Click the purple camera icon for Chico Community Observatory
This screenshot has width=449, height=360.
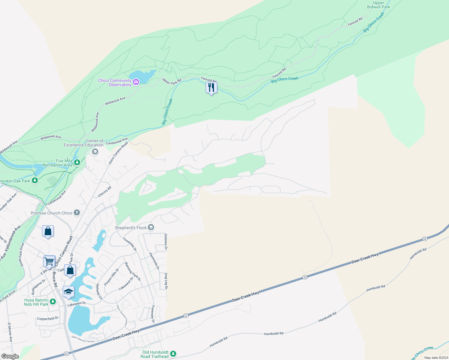coord(136,82)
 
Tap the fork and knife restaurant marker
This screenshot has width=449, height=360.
coord(211,88)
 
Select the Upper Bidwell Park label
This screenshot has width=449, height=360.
coord(378,5)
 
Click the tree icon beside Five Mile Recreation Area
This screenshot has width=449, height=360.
coord(77,163)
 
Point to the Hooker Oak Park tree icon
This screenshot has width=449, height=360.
coord(35,181)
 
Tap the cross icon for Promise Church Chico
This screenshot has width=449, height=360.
coord(77,213)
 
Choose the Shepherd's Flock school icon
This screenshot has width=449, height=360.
coord(151,228)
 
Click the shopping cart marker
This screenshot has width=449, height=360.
coord(49,261)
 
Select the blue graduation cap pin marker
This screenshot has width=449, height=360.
coord(68,292)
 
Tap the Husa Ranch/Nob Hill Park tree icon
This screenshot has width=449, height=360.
coord(53,301)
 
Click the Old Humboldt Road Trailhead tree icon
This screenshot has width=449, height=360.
coord(173,354)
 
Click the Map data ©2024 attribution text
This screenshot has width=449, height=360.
coord(436,358)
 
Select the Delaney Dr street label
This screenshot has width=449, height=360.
coord(166,242)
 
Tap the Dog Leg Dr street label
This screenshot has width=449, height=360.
coord(166,281)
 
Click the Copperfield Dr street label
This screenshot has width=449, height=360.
coord(48,319)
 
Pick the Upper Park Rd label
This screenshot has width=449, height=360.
coord(172,81)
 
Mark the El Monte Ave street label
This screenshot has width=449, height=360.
coord(10,332)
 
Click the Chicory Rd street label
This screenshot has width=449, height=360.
coord(105,192)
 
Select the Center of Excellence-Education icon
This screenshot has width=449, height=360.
coord(95,152)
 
